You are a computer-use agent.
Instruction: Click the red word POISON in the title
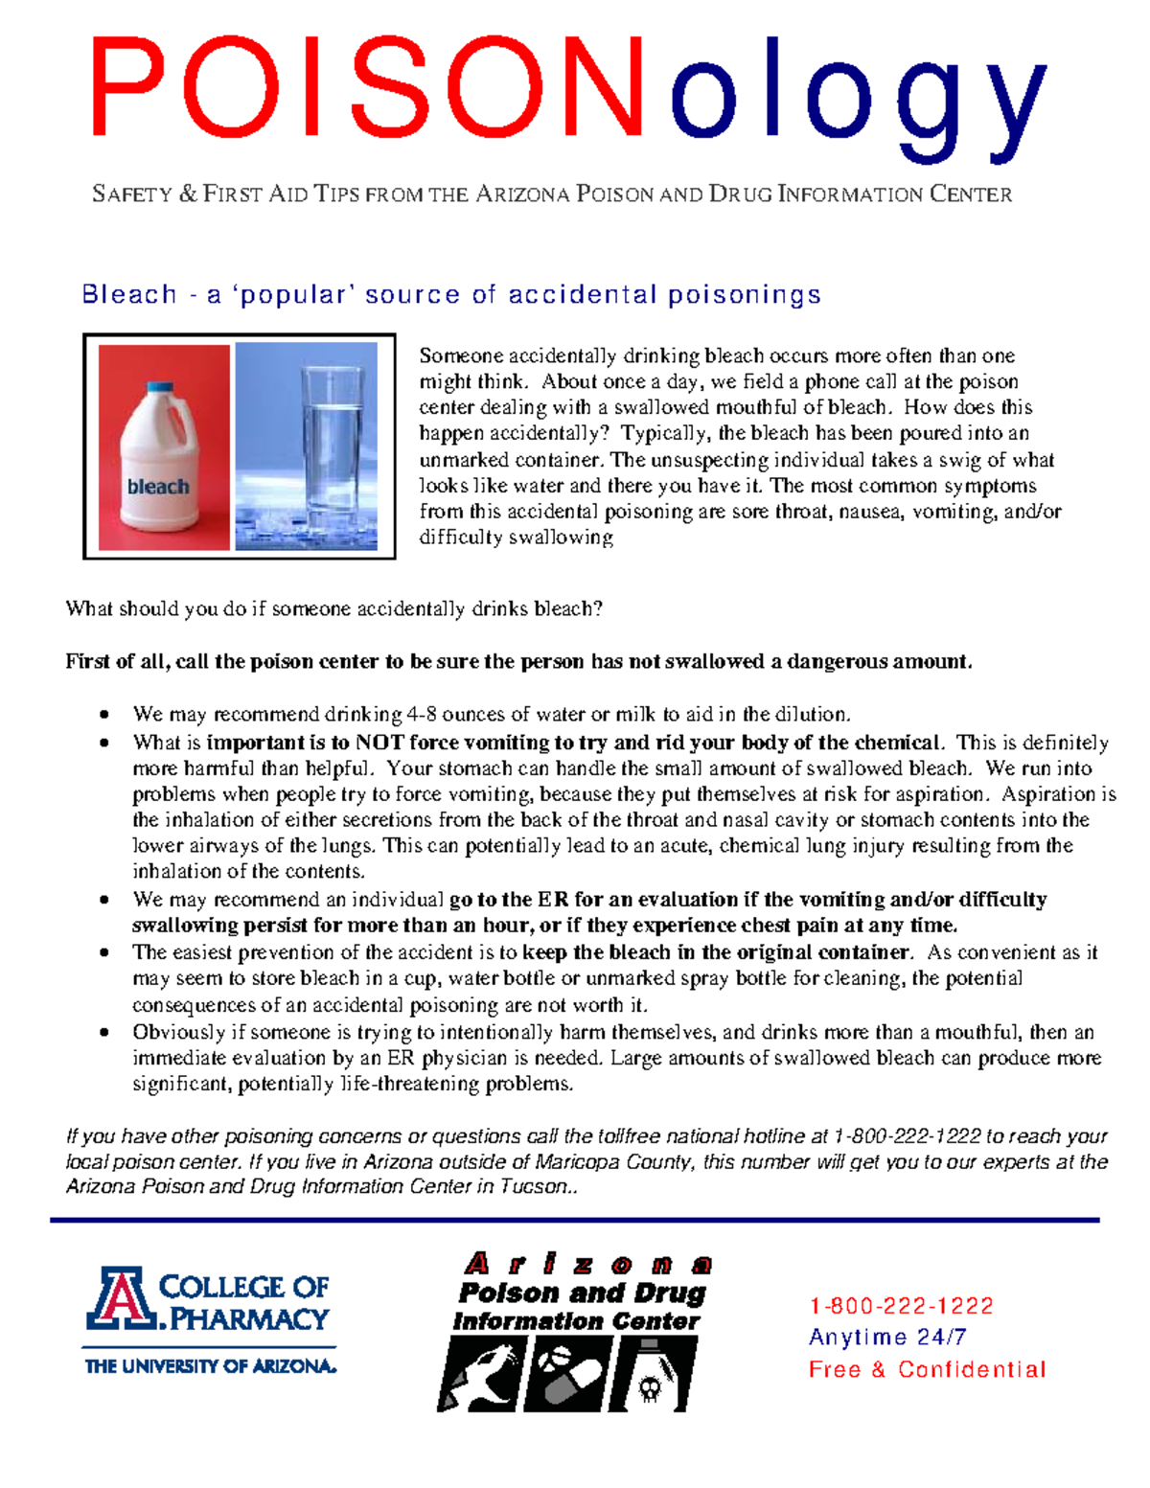(369, 88)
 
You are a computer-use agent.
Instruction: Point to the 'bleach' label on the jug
(158, 487)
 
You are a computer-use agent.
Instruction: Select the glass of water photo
(307, 446)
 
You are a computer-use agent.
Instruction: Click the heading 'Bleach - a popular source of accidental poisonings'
(451, 294)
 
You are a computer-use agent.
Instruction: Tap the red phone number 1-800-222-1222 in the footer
(901, 1306)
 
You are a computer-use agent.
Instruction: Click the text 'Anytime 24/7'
(887, 1337)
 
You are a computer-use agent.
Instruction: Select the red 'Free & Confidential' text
(927, 1369)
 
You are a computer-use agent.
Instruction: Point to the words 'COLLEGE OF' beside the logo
(243, 1287)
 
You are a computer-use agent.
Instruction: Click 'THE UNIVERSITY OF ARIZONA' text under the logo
(211, 1366)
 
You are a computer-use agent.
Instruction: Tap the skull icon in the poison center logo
(651, 1387)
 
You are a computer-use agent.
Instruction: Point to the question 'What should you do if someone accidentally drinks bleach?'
(333, 609)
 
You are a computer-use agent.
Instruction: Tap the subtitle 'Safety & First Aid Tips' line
(552, 195)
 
